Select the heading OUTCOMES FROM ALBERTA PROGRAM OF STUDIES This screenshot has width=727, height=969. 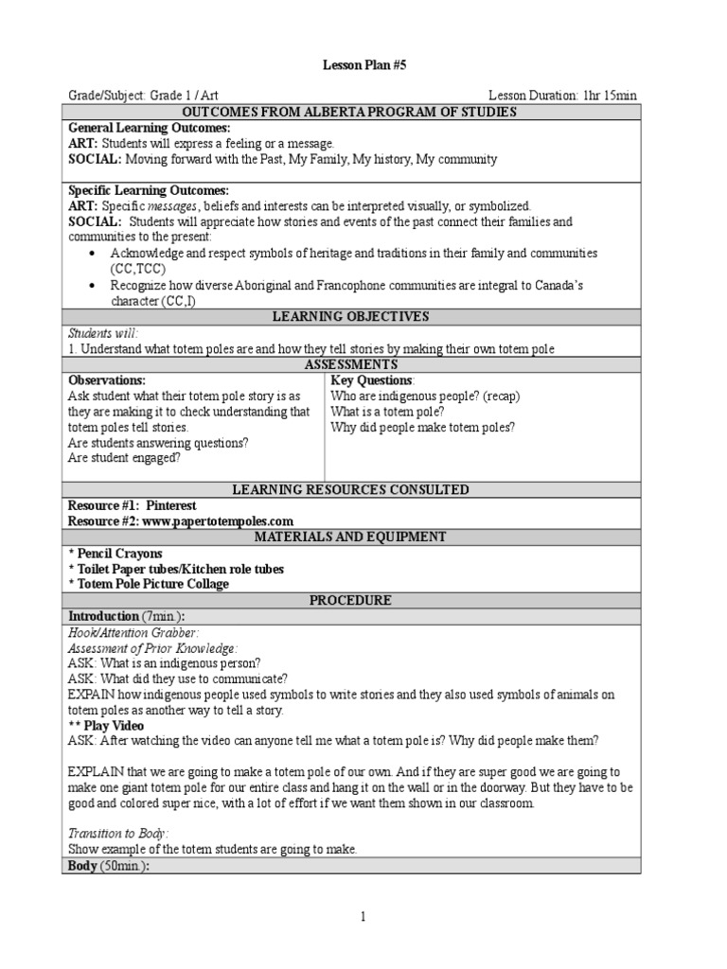coord(351,112)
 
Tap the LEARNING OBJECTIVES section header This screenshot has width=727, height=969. coord(351,316)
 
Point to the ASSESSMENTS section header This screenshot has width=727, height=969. coord(351,364)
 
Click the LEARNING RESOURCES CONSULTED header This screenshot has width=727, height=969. coord(351,489)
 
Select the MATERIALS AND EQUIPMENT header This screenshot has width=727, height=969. coord(351,537)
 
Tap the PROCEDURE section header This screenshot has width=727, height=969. coord(351,600)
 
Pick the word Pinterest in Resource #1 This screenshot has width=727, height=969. coord(171,506)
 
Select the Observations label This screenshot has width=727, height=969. coord(106,380)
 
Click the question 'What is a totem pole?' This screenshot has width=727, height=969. coord(388,412)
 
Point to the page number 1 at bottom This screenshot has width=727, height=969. coord(363,916)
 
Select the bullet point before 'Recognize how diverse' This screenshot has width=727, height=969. coord(91,285)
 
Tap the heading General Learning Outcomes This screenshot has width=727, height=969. coord(149,128)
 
